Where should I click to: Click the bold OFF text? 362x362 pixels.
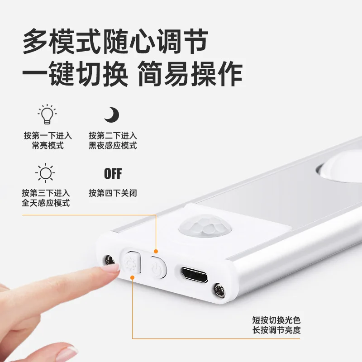coord(113,173)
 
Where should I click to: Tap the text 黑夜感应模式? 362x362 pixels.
coord(113,146)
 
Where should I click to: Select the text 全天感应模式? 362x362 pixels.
coord(46,203)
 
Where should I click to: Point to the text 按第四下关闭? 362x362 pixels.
coord(113,193)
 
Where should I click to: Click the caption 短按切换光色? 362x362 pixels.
coord(276,320)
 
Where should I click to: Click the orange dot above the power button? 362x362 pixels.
coord(156,251)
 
